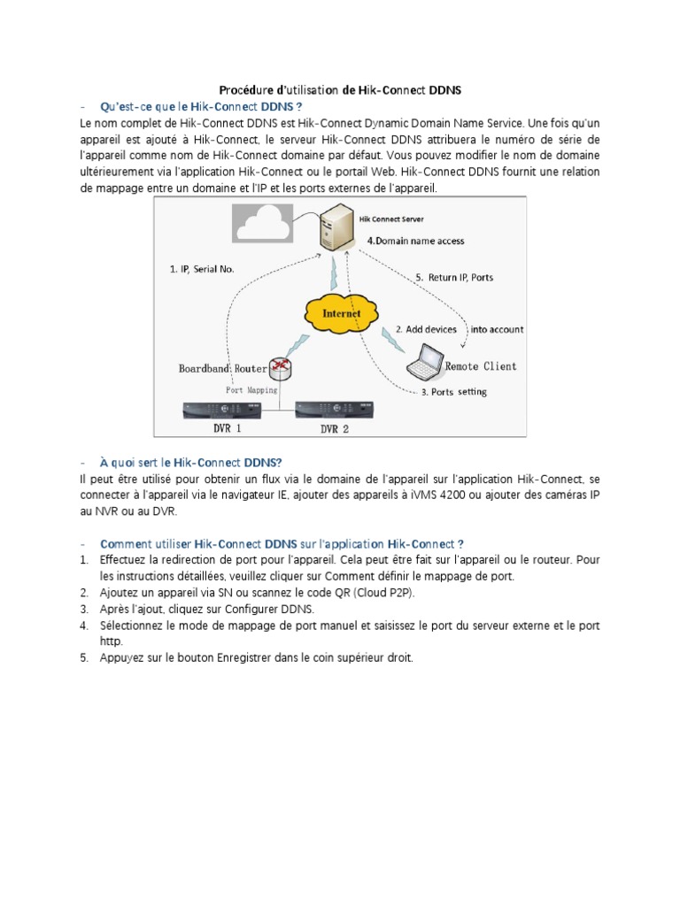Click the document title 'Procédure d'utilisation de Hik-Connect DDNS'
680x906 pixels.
340,90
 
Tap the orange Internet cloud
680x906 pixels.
341,312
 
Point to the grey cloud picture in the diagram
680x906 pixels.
262,222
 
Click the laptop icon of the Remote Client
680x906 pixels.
423,360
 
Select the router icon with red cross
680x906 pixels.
280,367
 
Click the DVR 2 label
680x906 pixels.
335,428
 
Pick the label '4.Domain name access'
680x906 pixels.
414,241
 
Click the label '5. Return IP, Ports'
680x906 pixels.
454,277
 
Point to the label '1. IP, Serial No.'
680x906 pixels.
201,269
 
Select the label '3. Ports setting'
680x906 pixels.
453,391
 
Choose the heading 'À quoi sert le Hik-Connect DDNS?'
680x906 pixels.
191,462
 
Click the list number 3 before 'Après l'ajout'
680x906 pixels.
83,609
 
